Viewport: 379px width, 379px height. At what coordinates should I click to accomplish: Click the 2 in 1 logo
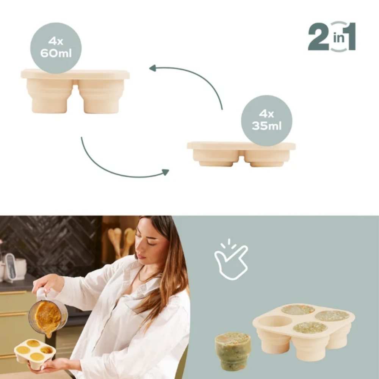click(332, 36)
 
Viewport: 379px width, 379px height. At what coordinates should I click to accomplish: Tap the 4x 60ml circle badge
click(56, 48)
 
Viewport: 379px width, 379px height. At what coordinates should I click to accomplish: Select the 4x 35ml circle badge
click(266, 120)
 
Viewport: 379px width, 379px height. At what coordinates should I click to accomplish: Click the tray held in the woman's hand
click(34, 352)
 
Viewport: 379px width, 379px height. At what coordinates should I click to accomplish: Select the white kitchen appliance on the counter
click(13, 267)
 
